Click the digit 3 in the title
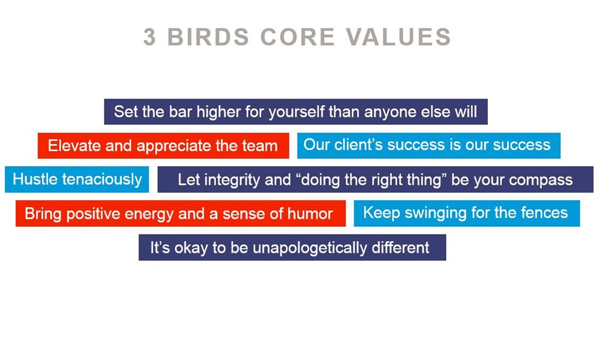[x=149, y=37]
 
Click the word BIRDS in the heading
[x=209, y=37]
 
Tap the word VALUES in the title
[x=399, y=37]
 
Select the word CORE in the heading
[x=298, y=37]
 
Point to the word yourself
[x=297, y=112]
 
